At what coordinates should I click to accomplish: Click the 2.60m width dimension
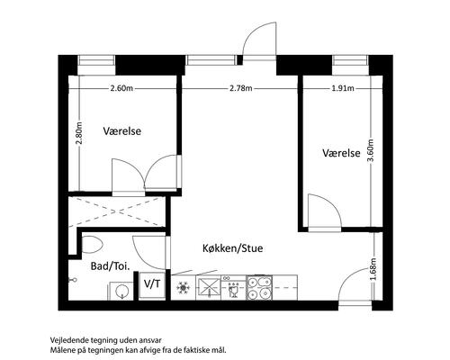(121, 88)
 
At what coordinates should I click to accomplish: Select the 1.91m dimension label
(343, 88)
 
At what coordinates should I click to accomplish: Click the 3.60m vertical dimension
(371, 150)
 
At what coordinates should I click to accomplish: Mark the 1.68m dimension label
(373, 269)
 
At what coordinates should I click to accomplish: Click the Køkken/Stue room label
(233, 248)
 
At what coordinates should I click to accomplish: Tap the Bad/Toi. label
(110, 266)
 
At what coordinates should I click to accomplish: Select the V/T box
(152, 285)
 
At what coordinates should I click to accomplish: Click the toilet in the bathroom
(92, 245)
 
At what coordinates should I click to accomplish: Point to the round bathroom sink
(122, 291)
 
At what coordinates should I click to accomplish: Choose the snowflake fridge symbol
(183, 288)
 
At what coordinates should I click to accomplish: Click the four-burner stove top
(259, 288)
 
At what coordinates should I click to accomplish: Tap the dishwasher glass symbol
(233, 291)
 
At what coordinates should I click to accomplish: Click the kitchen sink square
(208, 288)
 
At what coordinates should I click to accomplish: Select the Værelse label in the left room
(122, 131)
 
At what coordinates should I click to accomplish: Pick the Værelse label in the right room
(341, 153)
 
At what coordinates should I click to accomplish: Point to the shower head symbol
(73, 280)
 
